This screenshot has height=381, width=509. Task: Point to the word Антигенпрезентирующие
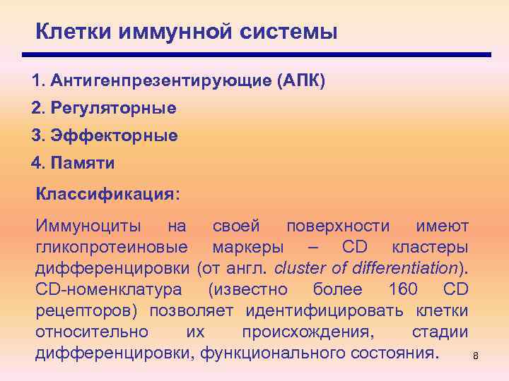pyautogui.click(x=153, y=80)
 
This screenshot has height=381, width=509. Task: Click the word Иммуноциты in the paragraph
pyautogui.click(x=88, y=226)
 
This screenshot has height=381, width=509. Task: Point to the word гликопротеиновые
pyautogui.click(x=112, y=248)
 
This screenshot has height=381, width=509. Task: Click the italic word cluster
pyautogui.click(x=298, y=269)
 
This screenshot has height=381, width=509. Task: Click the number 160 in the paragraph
pyautogui.click(x=404, y=290)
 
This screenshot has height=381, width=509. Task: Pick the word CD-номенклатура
pyautogui.click(x=108, y=290)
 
